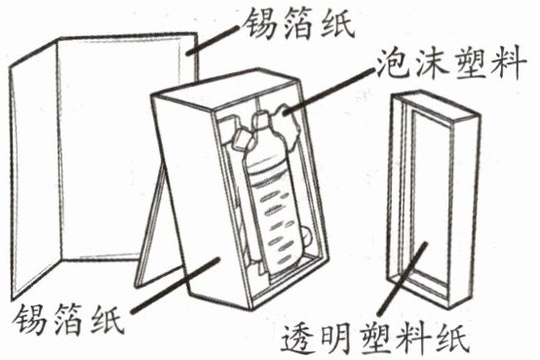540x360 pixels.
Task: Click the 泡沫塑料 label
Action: pos(450,65)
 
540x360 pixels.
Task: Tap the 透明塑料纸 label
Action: pos(375,339)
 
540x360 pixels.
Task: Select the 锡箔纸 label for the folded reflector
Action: pos(298,22)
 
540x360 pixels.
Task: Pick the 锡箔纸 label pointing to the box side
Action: pos(67,319)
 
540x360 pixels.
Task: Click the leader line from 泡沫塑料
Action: pos(328,91)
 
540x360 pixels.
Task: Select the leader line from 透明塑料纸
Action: pos(403,279)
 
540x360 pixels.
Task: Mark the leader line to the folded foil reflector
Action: pos(212,40)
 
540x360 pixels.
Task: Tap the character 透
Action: pos(298,339)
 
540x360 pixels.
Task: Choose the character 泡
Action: pos(391,65)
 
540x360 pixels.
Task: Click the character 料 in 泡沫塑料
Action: pos(509,65)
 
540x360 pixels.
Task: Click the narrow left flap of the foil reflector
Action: pos(34,169)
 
